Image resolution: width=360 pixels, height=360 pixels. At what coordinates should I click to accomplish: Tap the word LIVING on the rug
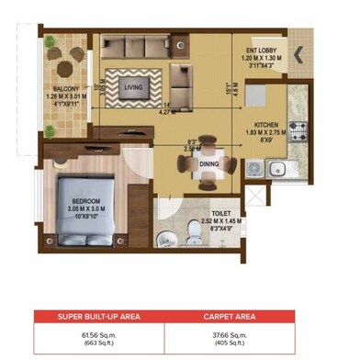(x=134, y=88)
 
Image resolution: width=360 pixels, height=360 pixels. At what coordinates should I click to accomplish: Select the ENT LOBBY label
(x=263, y=51)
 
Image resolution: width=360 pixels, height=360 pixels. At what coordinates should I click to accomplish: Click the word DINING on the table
(x=209, y=164)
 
